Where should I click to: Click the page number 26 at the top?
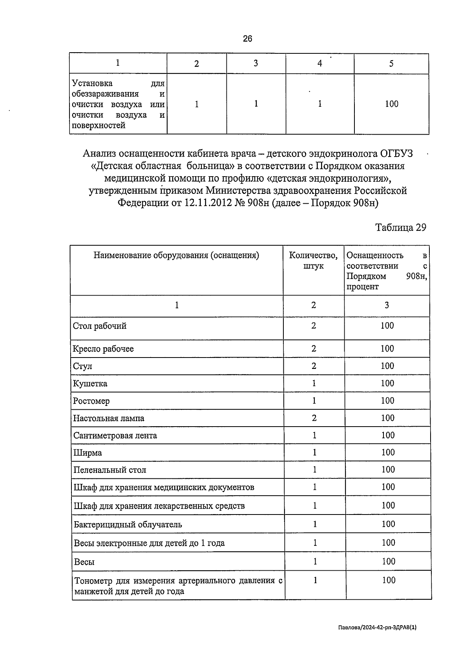pyautogui.click(x=247, y=38)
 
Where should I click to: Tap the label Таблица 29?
pyautogui.click(x=400, y=228)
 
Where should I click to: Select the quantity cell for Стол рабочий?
pyautogui.click(x=314, y=326)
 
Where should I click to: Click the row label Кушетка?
pyautogui.click(x=90, y=383)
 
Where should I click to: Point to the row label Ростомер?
pyautogui.click(x=91, y=401)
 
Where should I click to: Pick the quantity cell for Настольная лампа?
pyautogui.click(x=314, y=418)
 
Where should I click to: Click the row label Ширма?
pyautogui.click(x=88, y=453)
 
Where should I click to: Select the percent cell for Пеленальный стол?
pyautogui.click(x=388, y=470)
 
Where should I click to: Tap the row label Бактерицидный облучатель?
pyautogui.click(x=128, y=525)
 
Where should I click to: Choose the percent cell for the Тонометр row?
pyautogui.click(x=389, y=580)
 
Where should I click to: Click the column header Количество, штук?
pyautogui.click(x=313, y=261)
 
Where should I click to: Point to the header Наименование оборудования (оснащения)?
pyautogui.click(x=176, y=255)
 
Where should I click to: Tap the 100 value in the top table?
pyautogui.click(x=391, y=104)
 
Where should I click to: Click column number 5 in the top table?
pyautogui.click(x=391, y=64)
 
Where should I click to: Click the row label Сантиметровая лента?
pyautogui.click(x=115, y=436)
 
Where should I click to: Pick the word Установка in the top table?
pyautogui.click(x=92, y=83)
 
